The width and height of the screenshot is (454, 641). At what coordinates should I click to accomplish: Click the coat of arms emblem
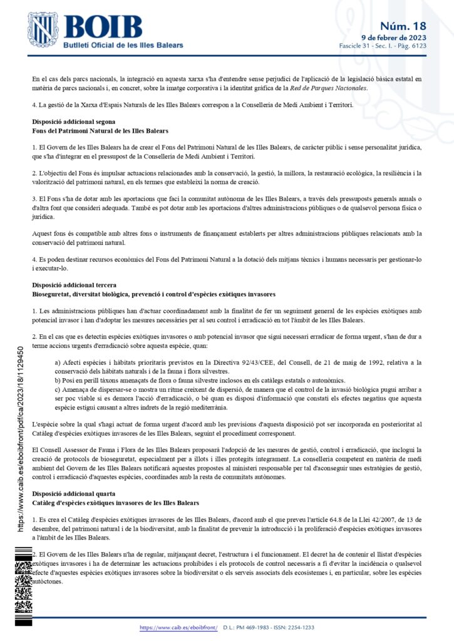pos(43,30)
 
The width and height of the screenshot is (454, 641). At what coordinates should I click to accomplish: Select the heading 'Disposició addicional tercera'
pos(73,285)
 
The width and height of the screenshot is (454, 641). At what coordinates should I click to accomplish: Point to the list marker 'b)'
pos(58,380)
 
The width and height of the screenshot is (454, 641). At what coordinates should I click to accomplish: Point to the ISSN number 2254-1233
pos(300,627)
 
